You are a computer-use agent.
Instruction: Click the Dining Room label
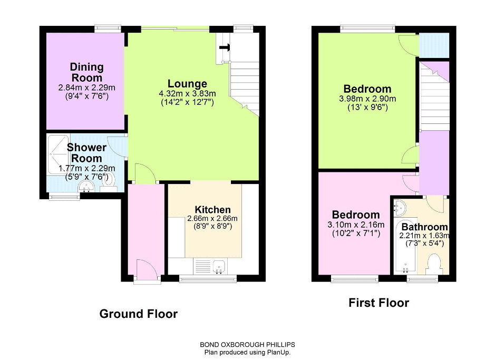pyautogui.click(x=86, y=72)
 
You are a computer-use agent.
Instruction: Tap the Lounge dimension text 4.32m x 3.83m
pyautogui.click(x=188, y=94)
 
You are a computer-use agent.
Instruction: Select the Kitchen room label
pyautogui.click(x=212, y=209)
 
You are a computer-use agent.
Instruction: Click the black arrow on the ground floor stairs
pyautogui.click(x=225, y=47)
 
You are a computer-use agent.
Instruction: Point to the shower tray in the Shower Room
pyautogui.click(x=58, y=154)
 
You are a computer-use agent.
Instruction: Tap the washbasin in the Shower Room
pyautogui.click(x=85, y=186)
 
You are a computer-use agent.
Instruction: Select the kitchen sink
pyautogui.click(x=219, y=267)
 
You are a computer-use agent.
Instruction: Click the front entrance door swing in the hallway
pyautogui.click(x=147, y=268)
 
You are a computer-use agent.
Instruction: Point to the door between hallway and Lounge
pyautogui.click(x=145, y=173)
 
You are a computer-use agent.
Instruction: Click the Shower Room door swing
pyautogui.click(x=118, y=146)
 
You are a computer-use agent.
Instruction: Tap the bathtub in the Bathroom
pyautogui.click(x=405, y=246)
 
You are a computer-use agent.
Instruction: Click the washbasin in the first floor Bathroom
pyautogui.click(x=399, y=208)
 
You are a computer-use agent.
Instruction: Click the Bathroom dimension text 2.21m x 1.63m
pyautogui.click(x=424, y=236)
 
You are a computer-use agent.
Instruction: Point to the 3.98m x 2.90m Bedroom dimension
pyautogui.click(x=367, y=99)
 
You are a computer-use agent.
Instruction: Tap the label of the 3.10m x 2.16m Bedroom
pyautogui.click(x=356, y=215)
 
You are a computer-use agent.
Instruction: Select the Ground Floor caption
pyautogui.click(x=139, y=314)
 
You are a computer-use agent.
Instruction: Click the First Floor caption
pyautogui.click(x=379, y=303)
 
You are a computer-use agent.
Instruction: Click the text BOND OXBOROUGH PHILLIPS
pyautogui.click(x=248, y=345)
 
